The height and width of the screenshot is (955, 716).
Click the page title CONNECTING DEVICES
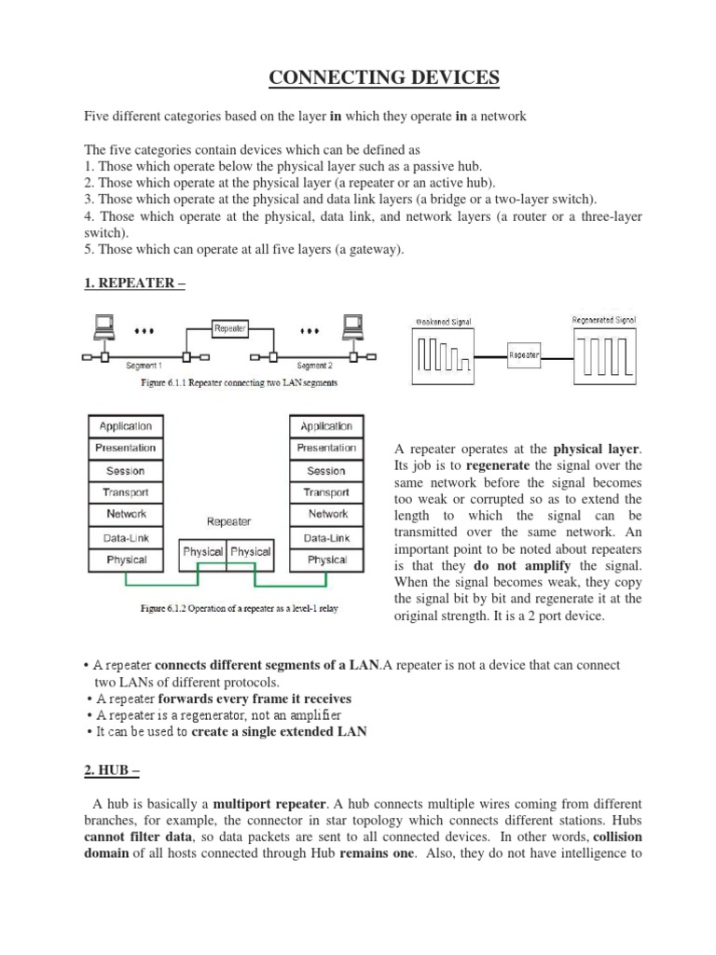[x=384, y=76]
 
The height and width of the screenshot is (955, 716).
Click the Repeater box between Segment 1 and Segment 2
[x=229, y=328]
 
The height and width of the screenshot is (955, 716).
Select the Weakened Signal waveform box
[x=445, y=355]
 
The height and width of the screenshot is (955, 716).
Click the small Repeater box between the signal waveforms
[x=525, y=355]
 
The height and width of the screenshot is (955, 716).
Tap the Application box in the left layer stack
[x=126, y=426]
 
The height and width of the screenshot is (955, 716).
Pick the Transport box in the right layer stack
[x=326, y=492]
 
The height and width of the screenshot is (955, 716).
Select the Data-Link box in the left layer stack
[x=126, y=537]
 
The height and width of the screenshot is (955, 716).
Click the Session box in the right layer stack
[x=326, y=470]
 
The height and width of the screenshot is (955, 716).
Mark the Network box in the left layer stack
[x=126, y=515]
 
